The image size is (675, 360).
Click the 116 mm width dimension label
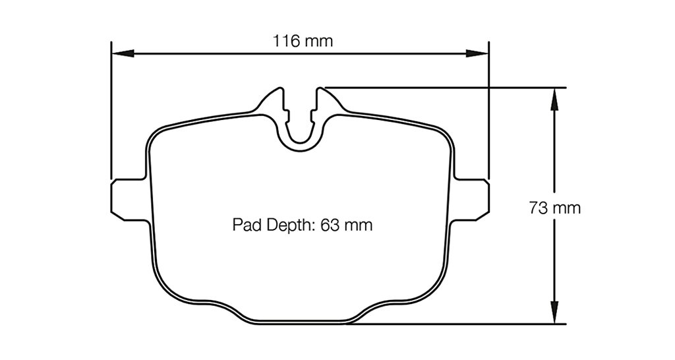tap(303, 41)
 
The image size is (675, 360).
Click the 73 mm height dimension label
tap(554, 208)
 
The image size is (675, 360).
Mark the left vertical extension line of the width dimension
tap(111, 112)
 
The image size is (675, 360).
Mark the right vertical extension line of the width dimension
tap(488, 112)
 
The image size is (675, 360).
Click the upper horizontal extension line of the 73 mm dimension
tap(448, 87)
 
